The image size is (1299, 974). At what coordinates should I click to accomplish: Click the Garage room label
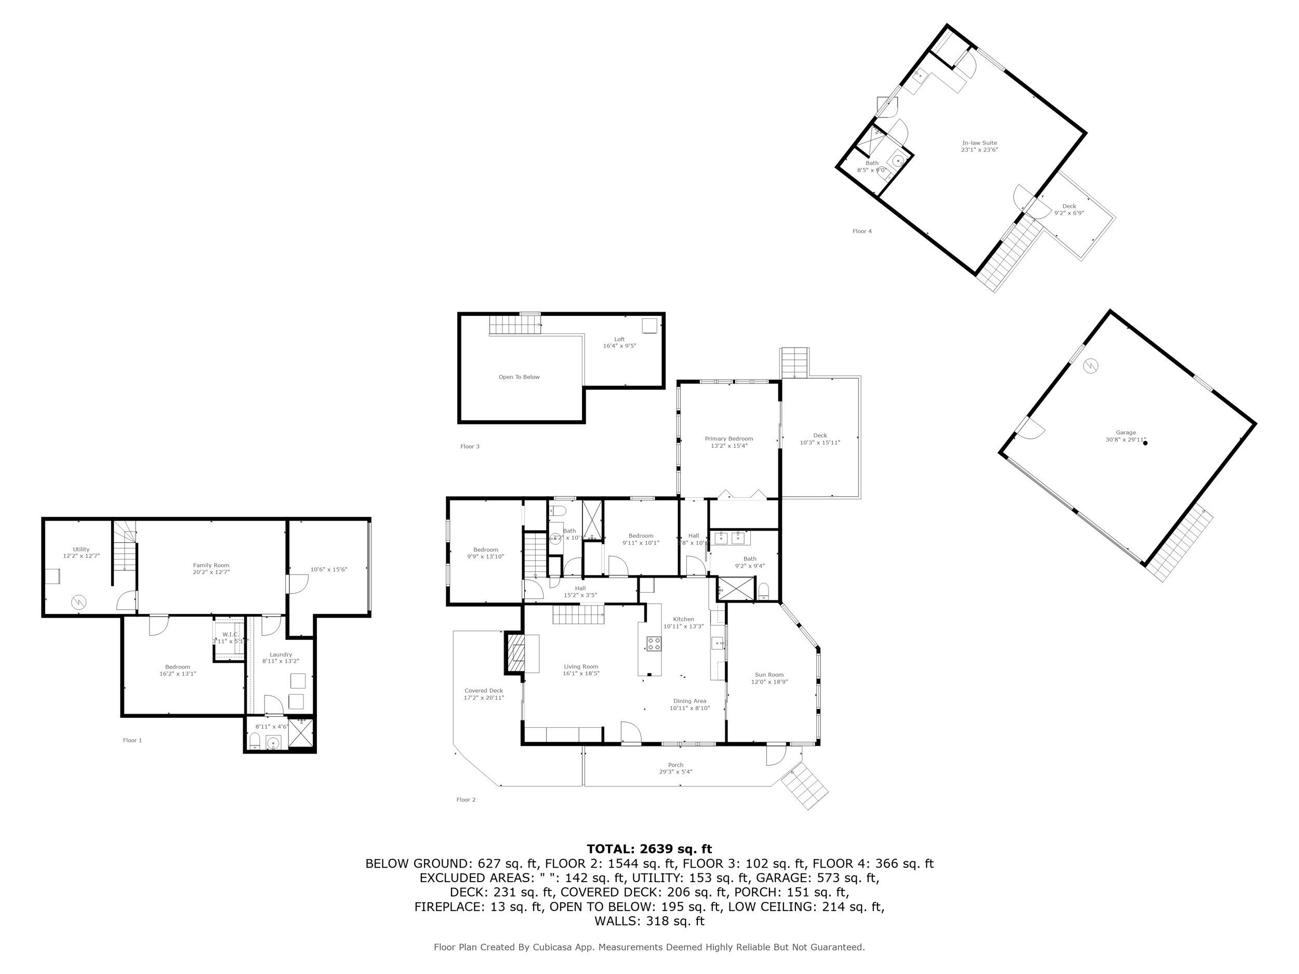click(1126, 433)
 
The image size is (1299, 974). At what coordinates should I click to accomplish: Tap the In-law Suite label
click(979, 143)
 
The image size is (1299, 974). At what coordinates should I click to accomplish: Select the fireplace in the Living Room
click(515, 653)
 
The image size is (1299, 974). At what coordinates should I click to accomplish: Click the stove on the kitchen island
click(654, 644)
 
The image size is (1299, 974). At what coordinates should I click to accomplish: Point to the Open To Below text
click(519, 377)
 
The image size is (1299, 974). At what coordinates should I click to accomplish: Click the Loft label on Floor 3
click(619, 339)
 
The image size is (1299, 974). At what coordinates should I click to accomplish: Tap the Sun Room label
click(768, 675)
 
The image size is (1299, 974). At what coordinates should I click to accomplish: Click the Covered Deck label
click(483, 690)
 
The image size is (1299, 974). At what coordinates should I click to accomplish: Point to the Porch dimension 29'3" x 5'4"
click(675, 771)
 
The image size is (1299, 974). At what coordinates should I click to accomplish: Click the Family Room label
click(211, 565)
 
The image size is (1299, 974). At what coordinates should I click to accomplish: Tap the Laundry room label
click(281, 655)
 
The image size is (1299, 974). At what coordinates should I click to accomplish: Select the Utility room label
click(81, 550)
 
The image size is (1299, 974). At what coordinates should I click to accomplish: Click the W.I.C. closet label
click(230, 634)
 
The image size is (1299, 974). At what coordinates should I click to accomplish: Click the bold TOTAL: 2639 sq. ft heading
click(649, 849)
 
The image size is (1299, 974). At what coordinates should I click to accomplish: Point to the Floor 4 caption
click(861, 231)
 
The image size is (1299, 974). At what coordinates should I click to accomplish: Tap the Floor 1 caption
click(132, 740)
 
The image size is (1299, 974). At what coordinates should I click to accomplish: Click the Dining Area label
click(690, 701)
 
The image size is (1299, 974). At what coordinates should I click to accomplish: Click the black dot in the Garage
click(1145, 443)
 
